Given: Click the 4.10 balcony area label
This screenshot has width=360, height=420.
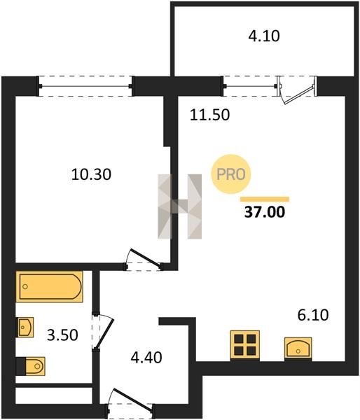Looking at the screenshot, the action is pos(264,36).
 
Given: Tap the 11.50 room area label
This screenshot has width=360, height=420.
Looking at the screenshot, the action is pos(210,115).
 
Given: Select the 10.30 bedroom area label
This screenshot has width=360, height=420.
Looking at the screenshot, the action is pos(91,174).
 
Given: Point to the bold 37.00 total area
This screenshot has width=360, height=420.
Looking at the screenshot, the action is pos(265,212).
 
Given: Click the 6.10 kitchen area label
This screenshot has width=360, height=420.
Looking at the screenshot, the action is pos(313,315).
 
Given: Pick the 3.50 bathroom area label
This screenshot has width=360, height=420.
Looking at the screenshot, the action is pos(62,335).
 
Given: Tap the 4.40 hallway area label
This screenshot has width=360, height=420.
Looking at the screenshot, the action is pos(146,358).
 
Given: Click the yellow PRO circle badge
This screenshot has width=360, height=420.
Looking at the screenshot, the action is pos(231,174).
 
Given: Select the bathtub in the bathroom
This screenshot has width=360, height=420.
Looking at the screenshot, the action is pos(49,286).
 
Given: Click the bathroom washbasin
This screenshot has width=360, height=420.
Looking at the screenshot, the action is pos(26,327).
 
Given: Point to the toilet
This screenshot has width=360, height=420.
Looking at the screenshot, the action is pos(31,366).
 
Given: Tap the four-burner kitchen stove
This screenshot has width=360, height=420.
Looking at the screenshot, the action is pos(245,346).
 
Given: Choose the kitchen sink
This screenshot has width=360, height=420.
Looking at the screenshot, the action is pos(298,349).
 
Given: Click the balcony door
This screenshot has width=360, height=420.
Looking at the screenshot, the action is pos(297,90).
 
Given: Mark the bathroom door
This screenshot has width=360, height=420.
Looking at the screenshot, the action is pos(102,332).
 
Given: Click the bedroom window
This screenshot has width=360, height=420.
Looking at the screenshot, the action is pos(85,86).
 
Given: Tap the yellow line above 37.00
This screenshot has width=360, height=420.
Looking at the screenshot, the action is pos(265,199).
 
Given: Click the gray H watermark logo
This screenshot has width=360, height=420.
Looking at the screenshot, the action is pos(179,206).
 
